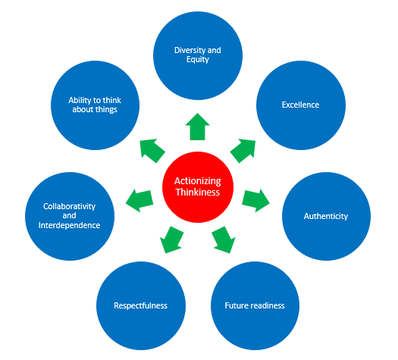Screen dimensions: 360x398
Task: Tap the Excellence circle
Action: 300,105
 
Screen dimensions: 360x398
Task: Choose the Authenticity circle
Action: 326,216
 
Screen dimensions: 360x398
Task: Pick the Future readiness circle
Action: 255,305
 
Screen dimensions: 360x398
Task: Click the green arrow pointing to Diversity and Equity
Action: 197,128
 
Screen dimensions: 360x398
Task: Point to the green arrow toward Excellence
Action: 243,150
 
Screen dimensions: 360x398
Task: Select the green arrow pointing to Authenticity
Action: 255,199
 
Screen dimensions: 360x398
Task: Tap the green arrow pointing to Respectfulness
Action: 172,239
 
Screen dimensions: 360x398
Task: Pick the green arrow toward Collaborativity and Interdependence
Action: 139,200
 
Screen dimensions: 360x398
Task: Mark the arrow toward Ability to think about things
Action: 152,150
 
